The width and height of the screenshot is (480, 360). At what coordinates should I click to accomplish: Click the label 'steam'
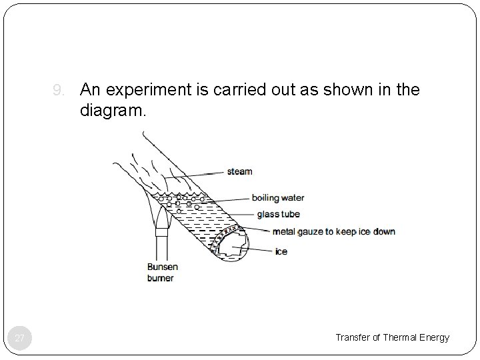pyautogui.click(x=239, y=171)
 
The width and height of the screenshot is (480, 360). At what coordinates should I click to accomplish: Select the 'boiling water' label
pyautogui.click(x=278, y=197)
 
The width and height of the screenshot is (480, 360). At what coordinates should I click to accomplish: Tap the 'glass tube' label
pyautogui.click(x=279, y=215)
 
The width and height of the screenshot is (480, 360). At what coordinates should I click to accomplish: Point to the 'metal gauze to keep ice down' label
pyautogui.click(x=333, y=231)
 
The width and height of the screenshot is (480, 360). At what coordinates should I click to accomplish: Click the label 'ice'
pyautogui.click(x=281, y=252)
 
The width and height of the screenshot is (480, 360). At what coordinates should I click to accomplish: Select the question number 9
pyautogui.click(x=59, y=89)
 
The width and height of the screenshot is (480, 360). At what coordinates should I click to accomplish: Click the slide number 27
pyautogui.click(x=20, y=339)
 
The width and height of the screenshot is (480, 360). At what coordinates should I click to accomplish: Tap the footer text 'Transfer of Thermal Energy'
pyautogui.click(x=392, y=338)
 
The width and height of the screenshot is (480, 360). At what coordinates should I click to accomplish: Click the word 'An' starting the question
pyautogui.click(x=91, y=89)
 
